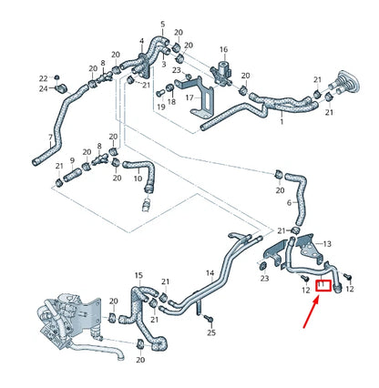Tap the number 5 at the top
coord(163,24)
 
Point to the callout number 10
coord(138,179)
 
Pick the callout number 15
coord(138,274)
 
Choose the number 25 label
coord(211,334)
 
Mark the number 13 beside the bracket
coord(328,243)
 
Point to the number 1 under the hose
coord(282,121)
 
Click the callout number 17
coord(189,97)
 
